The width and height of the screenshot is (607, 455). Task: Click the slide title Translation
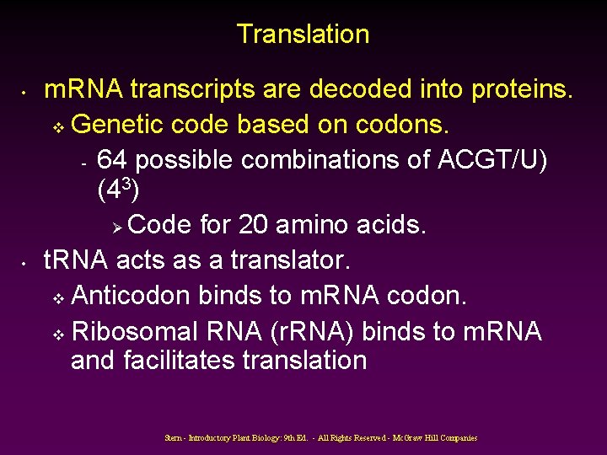coord(303,35)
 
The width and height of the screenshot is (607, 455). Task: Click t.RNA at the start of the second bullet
coord(76,260)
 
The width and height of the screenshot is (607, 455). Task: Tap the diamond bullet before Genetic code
coord(58,126)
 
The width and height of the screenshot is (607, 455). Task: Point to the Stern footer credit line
coord(321,437)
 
